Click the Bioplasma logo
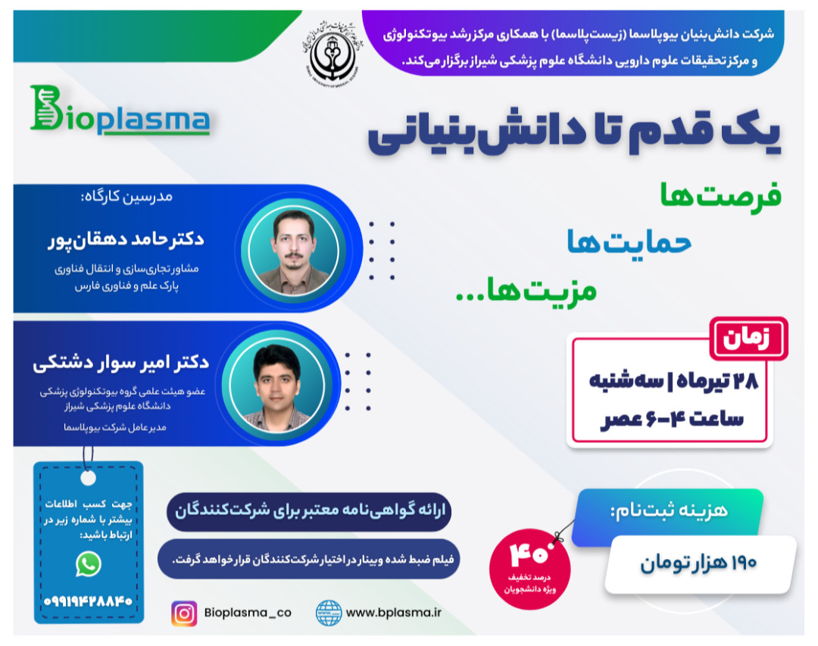[119, 112]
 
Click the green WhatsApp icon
[89, 563]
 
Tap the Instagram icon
[183, 613]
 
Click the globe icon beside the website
[329, 613]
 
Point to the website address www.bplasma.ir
[393, 613]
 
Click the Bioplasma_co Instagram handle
[247, 613]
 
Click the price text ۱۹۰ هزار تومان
[699, 564]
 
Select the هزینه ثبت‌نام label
[667, 510]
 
